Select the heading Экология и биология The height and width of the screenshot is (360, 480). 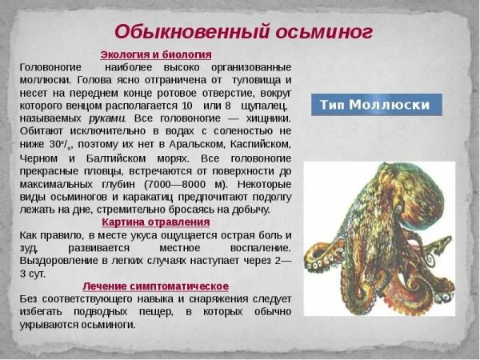click(x=155, y=54)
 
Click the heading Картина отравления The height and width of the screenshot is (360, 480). click(x=155, y=222)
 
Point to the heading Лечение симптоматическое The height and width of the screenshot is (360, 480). click(x=155, y=286)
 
